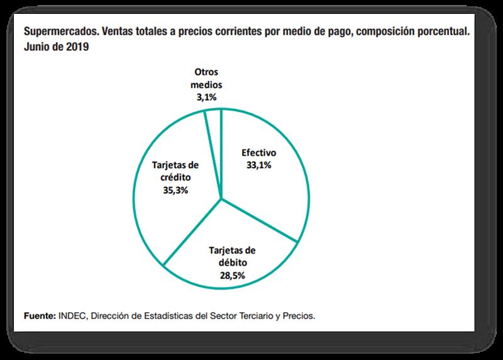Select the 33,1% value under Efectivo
click(258, 165)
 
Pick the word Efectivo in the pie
click(259, 153)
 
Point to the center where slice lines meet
click(222, 200)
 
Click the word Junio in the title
click(39, 45)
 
